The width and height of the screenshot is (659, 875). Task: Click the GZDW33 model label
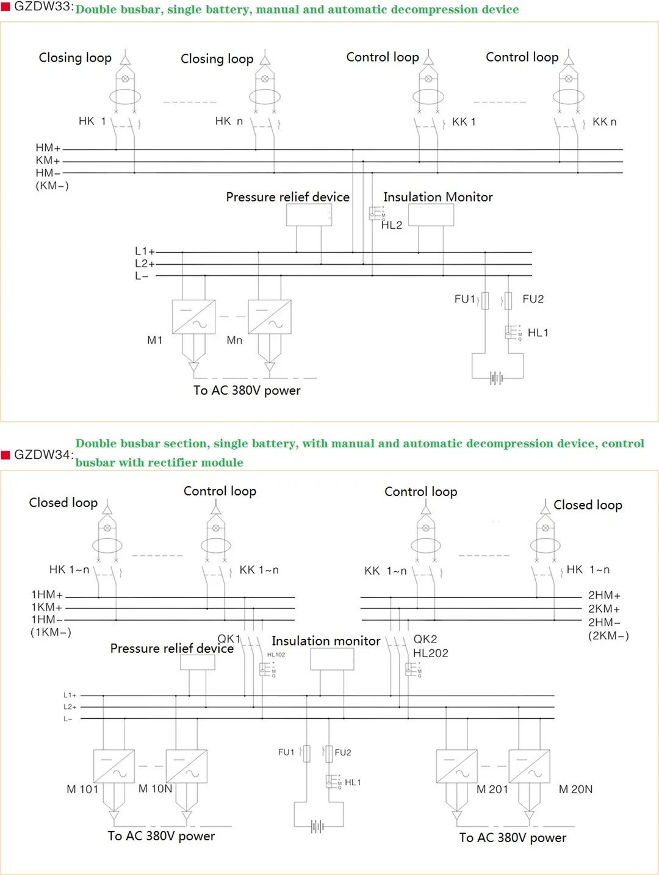coord(43,7)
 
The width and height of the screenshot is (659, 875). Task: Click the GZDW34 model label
coord(43,455)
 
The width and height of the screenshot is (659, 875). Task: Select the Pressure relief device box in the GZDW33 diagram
coord(309,215)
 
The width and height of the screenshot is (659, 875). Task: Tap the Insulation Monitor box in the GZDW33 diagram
coord(431,215)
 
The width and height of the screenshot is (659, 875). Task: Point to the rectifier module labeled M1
coord(193,317)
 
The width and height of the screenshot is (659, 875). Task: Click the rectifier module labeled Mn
coord(269,317)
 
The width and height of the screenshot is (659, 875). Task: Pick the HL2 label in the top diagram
coord(392,225)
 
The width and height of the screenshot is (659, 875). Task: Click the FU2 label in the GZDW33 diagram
coord(533,299)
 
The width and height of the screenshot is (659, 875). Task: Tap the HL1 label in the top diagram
coord(538,333)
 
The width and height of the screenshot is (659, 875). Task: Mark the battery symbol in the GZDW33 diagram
coord(497,378)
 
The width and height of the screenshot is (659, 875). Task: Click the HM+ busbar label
coord(48,148)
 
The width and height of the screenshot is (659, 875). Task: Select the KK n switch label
coord(604,122)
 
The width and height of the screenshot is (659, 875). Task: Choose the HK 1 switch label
coord(92,121)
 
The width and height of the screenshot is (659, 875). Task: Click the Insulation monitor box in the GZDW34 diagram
coord(332,659)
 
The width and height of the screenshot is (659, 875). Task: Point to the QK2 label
coord(425,639)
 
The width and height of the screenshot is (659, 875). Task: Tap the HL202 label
coord(430,653)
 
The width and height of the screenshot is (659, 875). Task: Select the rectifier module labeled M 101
coord(113,766)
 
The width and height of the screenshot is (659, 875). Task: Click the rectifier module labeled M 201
coord(456,766)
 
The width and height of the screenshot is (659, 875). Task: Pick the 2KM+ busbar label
coord(604,609)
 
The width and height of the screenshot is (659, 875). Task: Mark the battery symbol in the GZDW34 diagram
coord(317,826)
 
